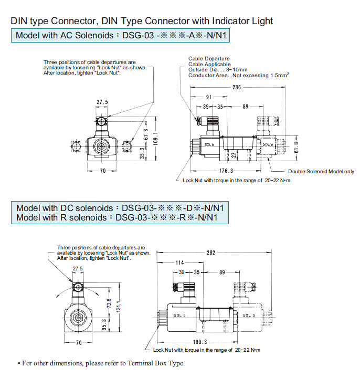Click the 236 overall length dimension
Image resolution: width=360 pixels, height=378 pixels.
236,87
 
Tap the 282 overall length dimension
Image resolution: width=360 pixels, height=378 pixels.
210,253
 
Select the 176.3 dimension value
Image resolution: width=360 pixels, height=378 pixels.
226,171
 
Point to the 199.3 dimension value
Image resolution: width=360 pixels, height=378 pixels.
200,342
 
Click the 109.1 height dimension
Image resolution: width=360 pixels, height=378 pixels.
156,139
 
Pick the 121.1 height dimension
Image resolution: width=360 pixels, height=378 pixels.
119,306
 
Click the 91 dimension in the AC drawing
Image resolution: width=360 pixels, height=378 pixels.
209,97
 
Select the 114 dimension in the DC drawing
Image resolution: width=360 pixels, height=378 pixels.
180,262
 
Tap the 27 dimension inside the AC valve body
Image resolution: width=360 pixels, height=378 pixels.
234,155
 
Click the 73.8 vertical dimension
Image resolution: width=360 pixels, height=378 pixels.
109,303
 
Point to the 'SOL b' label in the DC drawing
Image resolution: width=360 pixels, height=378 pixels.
179,316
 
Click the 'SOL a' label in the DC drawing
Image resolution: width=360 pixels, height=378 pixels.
248,315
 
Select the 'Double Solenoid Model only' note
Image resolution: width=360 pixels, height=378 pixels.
321,171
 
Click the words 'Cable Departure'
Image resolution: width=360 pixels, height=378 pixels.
209,59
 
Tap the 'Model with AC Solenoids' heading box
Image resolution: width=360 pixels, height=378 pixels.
120,36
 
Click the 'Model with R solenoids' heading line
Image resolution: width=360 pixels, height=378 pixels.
117,217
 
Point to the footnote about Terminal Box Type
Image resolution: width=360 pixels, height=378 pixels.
101,363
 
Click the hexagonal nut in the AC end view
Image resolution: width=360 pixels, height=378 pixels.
101,146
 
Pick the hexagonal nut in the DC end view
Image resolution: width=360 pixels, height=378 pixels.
78,318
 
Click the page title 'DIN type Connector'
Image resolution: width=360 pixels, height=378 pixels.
54,21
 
